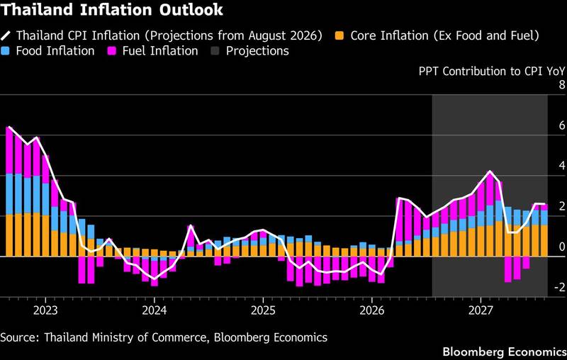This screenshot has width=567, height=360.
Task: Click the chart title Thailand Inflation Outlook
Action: pos(112,10)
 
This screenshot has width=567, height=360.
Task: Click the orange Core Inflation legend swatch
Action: pos(339,35)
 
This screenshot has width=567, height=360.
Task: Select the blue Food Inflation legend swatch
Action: pos(5,51)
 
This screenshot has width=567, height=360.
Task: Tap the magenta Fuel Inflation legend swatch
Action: pos(112,51)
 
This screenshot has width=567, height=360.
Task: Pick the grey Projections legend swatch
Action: pos(215,51)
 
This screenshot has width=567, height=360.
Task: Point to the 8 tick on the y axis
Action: pos(561,85)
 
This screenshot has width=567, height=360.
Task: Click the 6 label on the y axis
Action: pos(561,125)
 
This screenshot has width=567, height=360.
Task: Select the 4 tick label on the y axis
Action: pos(561,166)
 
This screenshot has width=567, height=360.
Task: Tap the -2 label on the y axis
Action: pos(560,287)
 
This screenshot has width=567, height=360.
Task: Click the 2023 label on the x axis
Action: pos(45,311)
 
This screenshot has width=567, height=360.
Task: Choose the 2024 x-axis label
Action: pos(155,311)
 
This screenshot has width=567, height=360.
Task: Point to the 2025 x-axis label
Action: pos(263,311)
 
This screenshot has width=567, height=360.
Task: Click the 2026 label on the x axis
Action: pos(372,311)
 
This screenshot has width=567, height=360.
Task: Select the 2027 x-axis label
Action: pos(481,311)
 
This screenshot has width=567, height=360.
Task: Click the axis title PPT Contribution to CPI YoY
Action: pos(491,71)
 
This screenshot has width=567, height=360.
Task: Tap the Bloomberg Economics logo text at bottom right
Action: pos(505,352)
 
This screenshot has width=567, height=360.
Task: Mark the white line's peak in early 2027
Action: pos(490,171)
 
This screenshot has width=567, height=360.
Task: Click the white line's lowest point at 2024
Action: pos(155,279)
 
